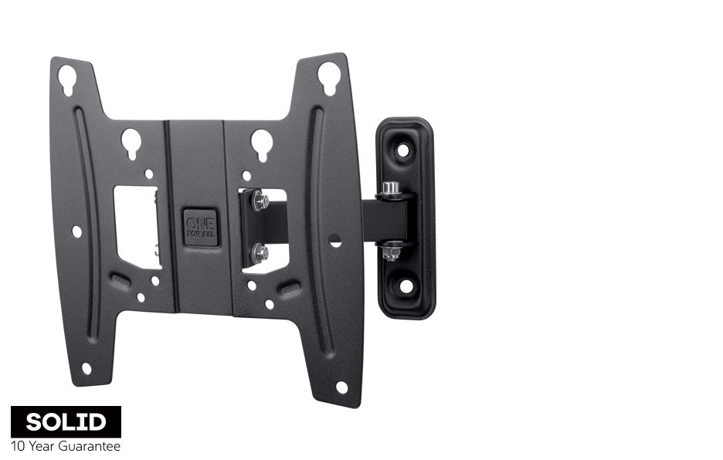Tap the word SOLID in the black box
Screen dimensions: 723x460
coord(66,421)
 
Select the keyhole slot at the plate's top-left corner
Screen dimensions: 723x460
coord(68,79)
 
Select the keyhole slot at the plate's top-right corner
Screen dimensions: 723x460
coord(329,79)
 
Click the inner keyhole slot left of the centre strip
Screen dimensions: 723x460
coord(131,144)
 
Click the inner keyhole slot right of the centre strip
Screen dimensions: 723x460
coord(262,145)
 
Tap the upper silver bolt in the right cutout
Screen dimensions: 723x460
coord(260,201)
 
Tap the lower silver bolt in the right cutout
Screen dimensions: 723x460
coord(260,252)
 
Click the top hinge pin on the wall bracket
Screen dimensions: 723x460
coord(390,188)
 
